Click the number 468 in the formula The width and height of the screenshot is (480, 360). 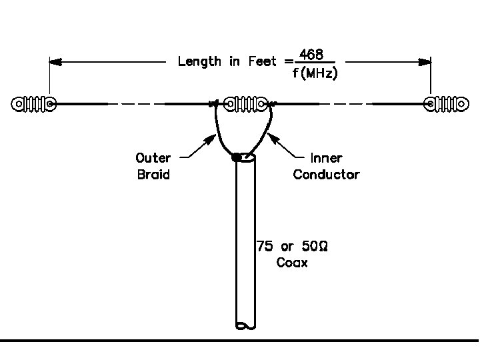[x=312, y=53]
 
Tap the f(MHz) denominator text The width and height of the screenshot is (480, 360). [x=315, y=73]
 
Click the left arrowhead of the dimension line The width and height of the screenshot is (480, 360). [x=55, y=62]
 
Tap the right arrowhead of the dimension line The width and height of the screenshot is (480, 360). [x=425, y=62]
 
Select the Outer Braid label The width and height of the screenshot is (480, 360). [x=153, y=166]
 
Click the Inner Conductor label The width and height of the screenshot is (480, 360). [x=326, y=166]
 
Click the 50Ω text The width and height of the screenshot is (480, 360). [x=315, y=247]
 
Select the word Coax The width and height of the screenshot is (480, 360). [x=292, y=263]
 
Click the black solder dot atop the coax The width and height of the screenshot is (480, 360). [x=236, y=158]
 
